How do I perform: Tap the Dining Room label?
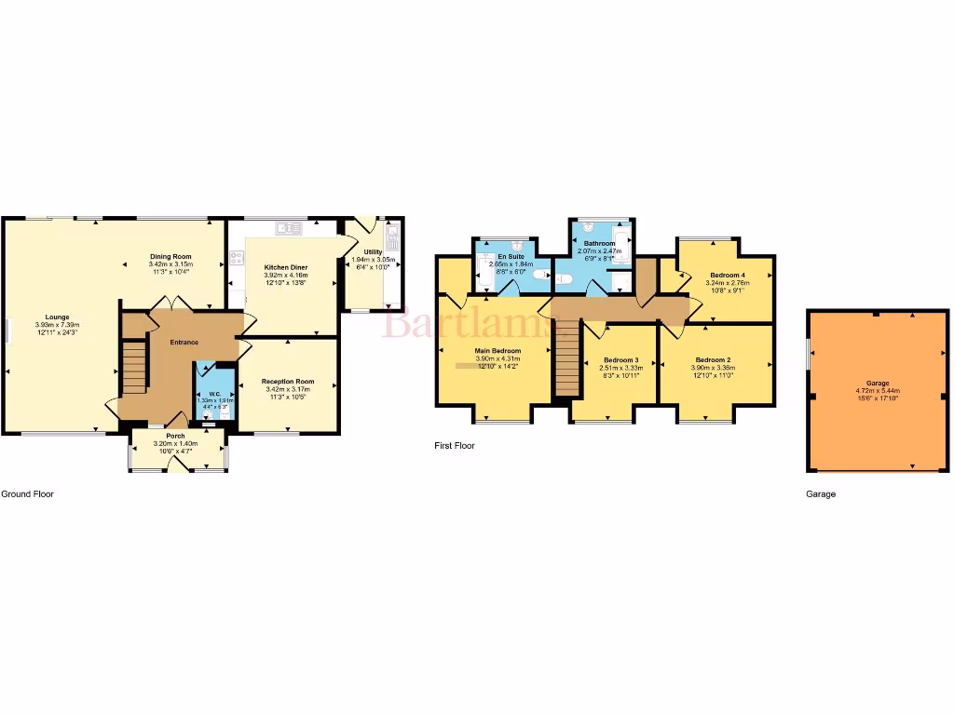pyautogui.click(x=170, y=256)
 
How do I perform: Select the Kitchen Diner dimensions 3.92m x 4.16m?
pyautogui.click(x=286, y=276)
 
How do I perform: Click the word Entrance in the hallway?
pyautogui.click(x=184, y=343)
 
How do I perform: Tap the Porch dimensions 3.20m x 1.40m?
pyautogui.click(x=175, y=444)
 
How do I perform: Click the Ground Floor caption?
pyautogui.click(x=27, y=494)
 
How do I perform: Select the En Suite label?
pyautogui.click(x=509, y=256)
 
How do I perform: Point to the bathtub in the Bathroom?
pyautogui.click(x=622, y=244)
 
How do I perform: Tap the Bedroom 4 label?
pyautogui.click(x=727, y=276)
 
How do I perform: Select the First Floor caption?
pyautogui.click(x=455, y=446)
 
